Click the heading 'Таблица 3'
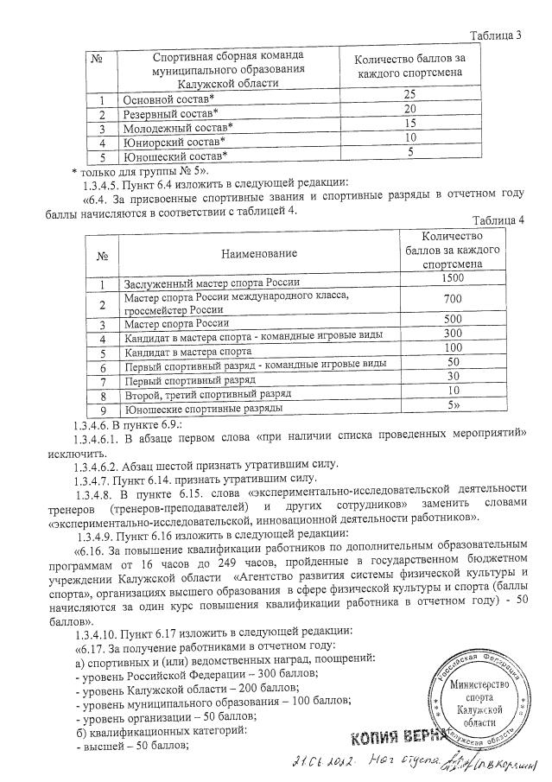[496, 35]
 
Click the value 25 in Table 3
[410, 93]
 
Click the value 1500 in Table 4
[452, 277]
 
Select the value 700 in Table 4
[452, 298]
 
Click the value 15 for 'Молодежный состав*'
[410, 123]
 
